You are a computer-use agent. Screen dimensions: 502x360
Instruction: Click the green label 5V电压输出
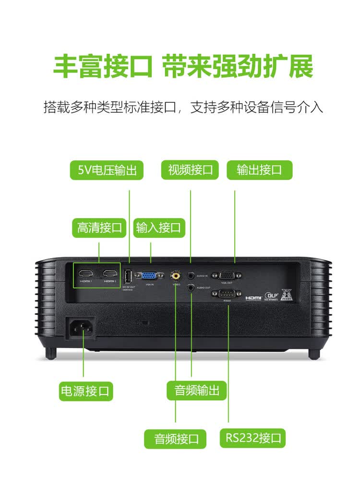(107, 170)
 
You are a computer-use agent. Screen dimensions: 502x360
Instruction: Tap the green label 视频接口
(190, 170)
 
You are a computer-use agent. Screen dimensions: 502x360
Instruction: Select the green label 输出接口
(259, 170)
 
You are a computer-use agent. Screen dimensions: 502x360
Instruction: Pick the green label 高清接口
(99, 227)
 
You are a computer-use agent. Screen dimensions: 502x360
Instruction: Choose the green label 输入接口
(159, 227)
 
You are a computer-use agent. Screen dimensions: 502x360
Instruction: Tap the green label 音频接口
(175, 438)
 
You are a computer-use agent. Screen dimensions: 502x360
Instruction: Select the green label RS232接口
(253, 438)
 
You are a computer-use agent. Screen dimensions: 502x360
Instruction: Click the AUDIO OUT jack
(192, 287)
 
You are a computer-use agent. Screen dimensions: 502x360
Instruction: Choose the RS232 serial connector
(228, 294)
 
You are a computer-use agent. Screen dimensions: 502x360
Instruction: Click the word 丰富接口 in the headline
(103, 67)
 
